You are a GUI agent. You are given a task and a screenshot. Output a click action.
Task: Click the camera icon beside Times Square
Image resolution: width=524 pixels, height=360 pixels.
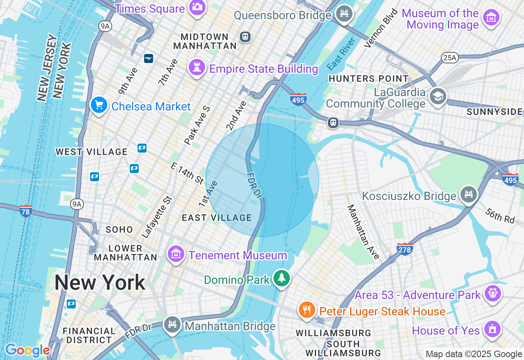(197, 7)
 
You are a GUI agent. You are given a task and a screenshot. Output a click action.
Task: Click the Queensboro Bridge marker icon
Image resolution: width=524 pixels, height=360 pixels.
(344, 13)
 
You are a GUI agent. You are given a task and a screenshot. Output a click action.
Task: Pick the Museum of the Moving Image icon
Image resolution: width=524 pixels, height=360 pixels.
(491, 17)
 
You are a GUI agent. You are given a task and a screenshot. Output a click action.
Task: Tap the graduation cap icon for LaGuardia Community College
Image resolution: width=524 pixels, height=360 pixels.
(438, 97)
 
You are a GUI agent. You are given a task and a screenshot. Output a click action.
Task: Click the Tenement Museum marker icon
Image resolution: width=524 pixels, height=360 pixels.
(176, 254)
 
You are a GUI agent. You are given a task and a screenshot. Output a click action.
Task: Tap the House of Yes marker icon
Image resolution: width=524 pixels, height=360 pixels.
(492, 329)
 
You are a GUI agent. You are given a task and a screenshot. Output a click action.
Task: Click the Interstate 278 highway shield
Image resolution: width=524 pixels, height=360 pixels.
(404, 248)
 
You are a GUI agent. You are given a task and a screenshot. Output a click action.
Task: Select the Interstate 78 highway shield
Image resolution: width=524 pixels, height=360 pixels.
(26, 211)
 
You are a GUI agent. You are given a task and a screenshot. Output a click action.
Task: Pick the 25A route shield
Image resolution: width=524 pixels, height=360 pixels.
(449, 58)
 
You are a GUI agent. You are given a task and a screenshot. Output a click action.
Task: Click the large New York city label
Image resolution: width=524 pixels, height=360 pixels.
(99, 282)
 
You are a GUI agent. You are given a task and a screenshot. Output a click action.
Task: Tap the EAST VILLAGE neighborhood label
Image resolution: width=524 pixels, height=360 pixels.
(217, 218)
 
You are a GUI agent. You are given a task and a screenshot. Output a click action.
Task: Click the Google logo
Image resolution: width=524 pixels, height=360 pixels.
(27, 351)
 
